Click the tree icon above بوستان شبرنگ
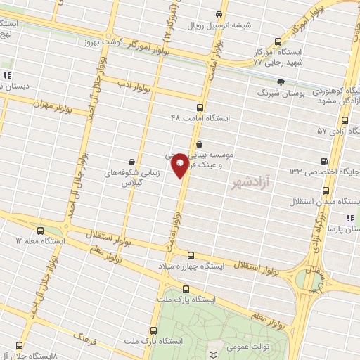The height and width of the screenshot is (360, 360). tap(281, 82)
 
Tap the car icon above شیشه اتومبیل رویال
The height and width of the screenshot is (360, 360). tap(220, 14)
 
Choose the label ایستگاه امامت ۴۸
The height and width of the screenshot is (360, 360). tap(200, 118)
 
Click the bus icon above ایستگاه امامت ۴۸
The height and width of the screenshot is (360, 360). tap(200, 108)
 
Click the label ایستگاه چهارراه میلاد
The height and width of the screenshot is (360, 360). tap(189, 266)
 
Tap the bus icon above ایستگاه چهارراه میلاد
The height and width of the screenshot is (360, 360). tap(191, 255)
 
